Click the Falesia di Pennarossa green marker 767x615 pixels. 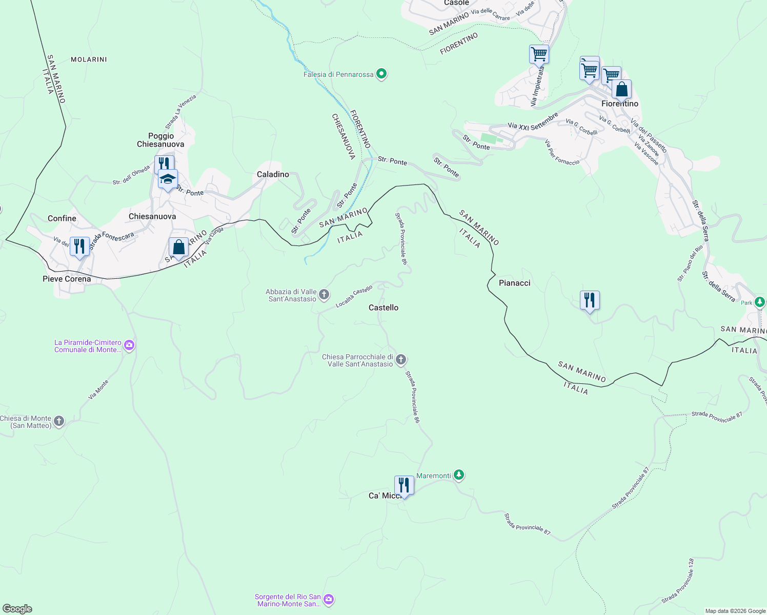pyautogui.click(x=381, y=74)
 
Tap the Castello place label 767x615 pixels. pyautogui.click(x=383, y=307)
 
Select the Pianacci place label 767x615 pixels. pyautogui.click(x=514, y=283)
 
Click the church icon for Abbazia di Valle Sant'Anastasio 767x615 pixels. pyautogui.click(x=324, y=294)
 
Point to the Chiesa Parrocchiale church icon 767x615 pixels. pyautogui.click(x=401, y=360)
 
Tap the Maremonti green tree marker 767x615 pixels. pyautogui.click(x=459, y=475)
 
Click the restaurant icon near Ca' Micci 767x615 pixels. pyautogui.click(x=404, y=485)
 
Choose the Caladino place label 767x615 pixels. pyautogui.click(x=273, y=174)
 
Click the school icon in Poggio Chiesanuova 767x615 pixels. pyautogui.click(x=168, y=179)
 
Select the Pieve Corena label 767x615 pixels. pyautogui.click(x=67, y=279)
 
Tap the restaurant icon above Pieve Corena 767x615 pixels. pyautogui.click(x=79, y=247)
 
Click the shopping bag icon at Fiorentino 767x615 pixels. pyautogui.click(x=621, y=90)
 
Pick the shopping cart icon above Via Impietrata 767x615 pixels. pyautogui.click(x=539, y=54)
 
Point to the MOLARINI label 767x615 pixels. pyautogui.click(x=89, y=59)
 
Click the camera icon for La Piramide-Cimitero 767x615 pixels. pyautogui.click(x=129, y=345)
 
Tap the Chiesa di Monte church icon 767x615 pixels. pyautogui.click(x=59, y=421)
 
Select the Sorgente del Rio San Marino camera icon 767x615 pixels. pyautogui.click(x=329, y=599)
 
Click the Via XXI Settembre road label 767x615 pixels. pyautogui.click(x=533, y=121)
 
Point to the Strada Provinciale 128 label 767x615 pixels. pyautogui.click(x=678, y=581)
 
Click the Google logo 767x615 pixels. pyautogui.click(x=17, y=609)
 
